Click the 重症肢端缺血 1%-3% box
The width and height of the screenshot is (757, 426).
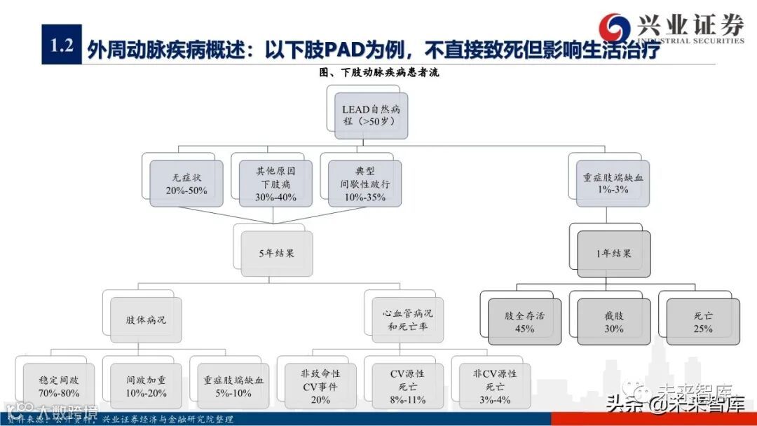click(612, 183)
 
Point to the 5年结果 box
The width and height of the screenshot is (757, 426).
click(276, 253)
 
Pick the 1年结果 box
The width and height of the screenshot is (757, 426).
click(613, 253)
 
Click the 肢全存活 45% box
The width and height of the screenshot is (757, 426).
click(524, 322)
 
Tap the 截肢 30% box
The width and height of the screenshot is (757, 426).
click(613, 322)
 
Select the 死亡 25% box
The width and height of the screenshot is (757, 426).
click(703, 322)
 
